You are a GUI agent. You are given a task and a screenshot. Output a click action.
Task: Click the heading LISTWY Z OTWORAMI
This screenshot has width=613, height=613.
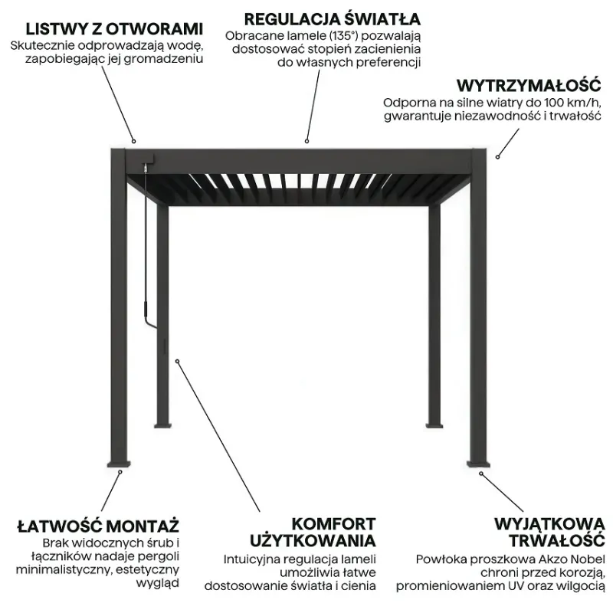[x=114, y=29]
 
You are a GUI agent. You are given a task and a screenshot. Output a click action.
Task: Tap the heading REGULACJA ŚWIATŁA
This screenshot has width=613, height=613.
[x=333, y=18]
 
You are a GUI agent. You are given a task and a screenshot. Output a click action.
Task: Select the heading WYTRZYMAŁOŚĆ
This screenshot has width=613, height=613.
[x=529, y=85]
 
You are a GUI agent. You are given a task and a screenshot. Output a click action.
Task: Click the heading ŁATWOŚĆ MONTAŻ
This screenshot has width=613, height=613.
[x=98, y=526]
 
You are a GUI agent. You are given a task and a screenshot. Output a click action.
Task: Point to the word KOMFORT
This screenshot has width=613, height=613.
[x=333, y=524]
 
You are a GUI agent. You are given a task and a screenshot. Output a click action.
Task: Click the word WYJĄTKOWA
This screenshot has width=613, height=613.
[x=549, y=524]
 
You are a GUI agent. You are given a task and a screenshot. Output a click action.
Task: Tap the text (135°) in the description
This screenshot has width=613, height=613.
[x=343, y=36]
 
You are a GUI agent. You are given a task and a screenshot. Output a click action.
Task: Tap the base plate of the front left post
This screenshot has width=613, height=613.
[x=119, y=464]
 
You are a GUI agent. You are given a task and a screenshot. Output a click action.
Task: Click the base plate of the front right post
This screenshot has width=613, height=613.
[x=478, y=464]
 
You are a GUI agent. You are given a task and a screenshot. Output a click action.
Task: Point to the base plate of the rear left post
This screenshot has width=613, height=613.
[x=162, y=425]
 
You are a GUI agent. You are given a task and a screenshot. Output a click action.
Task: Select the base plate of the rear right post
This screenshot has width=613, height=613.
[x=434, y=425]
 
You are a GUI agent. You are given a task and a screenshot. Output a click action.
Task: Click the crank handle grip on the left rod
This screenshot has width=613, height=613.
[x=145, y=309]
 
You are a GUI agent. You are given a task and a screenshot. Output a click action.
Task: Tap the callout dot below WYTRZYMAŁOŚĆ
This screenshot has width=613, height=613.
[x=497, y=157]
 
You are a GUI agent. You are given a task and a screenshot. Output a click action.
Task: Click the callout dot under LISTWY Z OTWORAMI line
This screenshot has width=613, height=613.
[x=133, y=141]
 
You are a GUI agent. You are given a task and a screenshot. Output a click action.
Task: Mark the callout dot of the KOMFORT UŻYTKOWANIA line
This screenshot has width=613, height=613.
[x=177, y=361]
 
